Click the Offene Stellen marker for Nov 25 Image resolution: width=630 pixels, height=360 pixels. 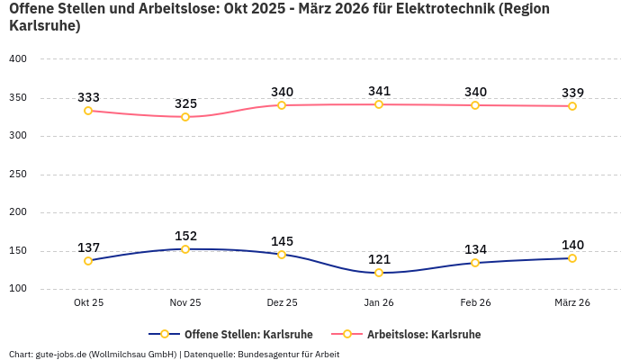coord(185,249)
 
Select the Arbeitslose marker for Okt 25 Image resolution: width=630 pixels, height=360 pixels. coord(88,111)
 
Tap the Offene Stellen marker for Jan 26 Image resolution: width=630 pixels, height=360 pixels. coord(379,273)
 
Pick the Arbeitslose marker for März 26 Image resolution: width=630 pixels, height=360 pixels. coord(572,106)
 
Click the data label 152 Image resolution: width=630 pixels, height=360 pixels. coord(185,236)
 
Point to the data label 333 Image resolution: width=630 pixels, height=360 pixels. coord(88,97)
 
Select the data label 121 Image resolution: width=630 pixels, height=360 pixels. coord(379,259)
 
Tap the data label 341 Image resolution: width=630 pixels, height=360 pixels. coord(379,91)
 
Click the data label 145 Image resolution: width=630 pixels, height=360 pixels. coord(282,241)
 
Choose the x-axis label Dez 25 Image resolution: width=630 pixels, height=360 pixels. coord(282,303)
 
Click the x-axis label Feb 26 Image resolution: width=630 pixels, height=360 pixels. coord(475,303)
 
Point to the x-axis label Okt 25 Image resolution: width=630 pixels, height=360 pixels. coord(88,303)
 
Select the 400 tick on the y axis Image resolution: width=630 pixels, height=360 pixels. coord(18,59)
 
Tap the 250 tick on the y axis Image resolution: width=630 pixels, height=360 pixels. coord(18,175)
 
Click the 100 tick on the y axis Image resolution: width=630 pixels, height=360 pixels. coord(18,290)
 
